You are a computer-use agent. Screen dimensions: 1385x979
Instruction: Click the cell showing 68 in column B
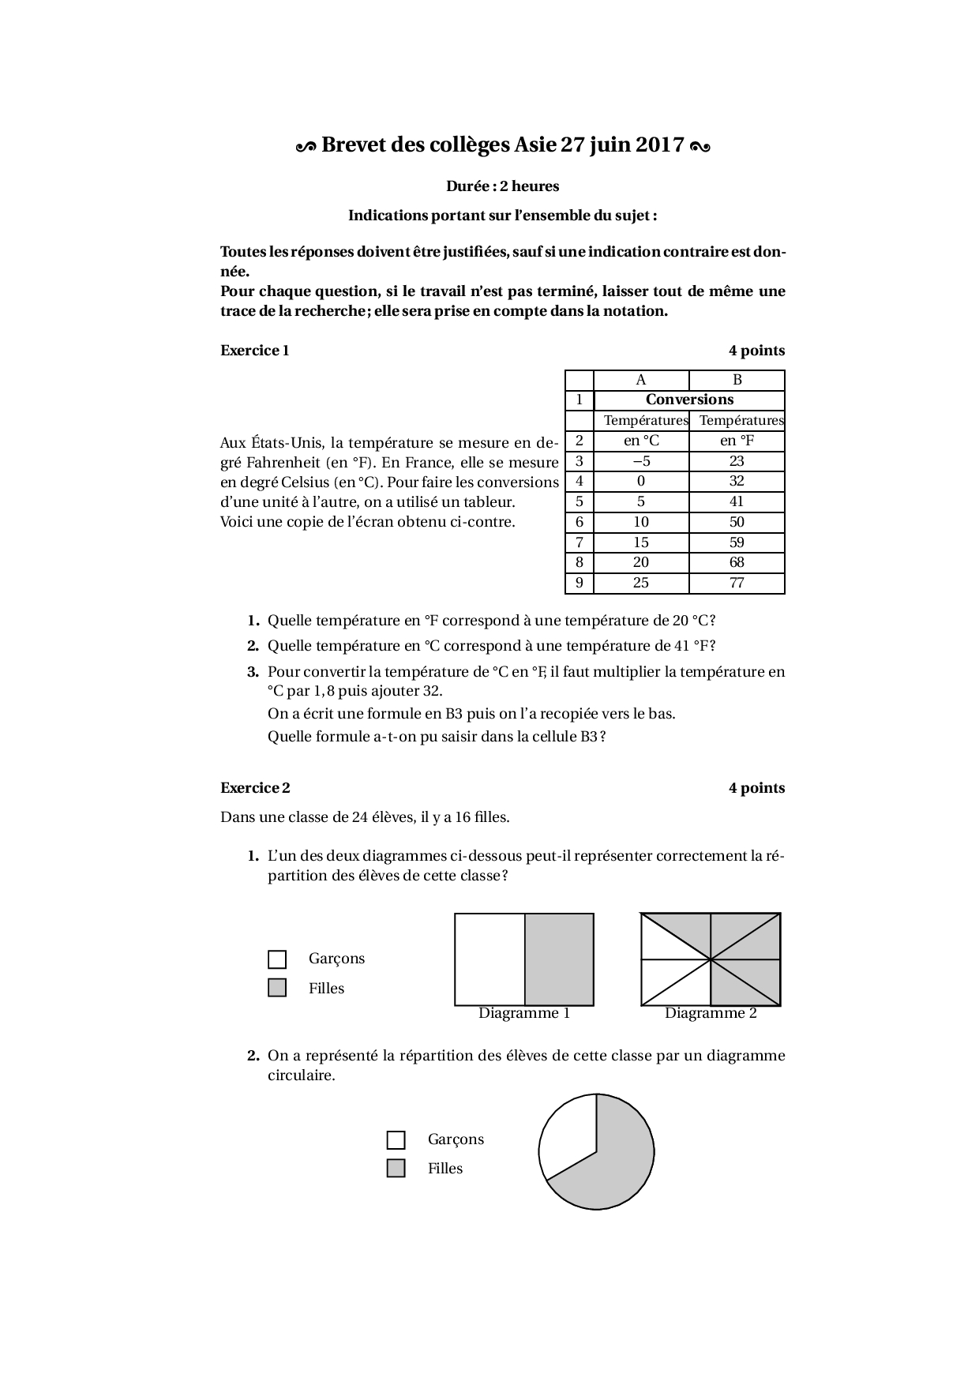(x=737, y=562)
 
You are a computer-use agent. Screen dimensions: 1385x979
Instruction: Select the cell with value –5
(x=641, y=461)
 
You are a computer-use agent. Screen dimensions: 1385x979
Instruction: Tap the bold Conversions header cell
(x=689, y=400)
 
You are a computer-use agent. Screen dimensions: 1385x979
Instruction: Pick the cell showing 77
(x=737, y=583)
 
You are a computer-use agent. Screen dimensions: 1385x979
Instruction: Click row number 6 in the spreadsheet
(x=580, y=522)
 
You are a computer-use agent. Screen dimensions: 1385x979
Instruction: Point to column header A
(x=641, y=380)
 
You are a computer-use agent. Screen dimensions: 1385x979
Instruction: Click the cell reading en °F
(x=737, y=441)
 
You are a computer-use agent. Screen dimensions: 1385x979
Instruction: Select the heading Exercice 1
(x=255, y=351)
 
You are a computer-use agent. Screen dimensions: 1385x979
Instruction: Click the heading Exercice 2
(x=255, y=788)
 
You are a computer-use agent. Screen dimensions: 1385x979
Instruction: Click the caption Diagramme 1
(x=524, y=1013)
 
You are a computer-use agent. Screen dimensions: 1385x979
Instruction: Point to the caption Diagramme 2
(x=711, y=1013)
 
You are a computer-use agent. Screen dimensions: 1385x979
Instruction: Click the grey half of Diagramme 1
(x=559, y=959)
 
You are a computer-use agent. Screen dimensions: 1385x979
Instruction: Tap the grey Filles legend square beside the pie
(x=396, y=1169)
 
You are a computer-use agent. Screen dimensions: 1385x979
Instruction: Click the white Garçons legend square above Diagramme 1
(x=277, y=959)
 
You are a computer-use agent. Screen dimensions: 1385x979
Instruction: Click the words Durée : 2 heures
(x=503, y=186)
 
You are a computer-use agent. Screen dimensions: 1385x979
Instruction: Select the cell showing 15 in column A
(x=641, y=542)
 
